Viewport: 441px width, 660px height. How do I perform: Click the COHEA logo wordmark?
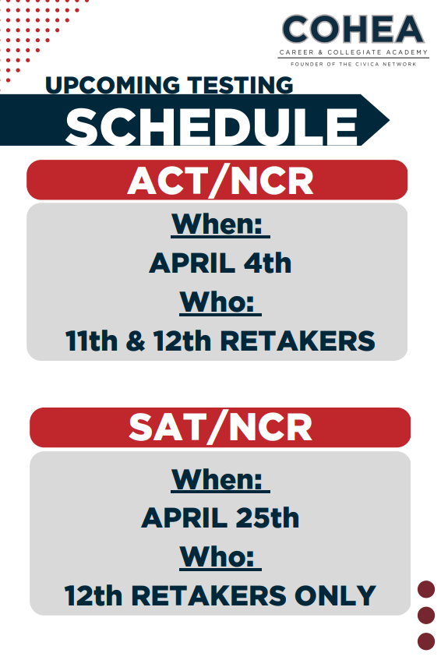coord(353,29)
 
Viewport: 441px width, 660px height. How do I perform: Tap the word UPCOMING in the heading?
coord(112,85)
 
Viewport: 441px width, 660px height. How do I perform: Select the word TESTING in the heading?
coord(240,85)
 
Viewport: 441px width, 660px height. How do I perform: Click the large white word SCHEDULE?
coord(212,126)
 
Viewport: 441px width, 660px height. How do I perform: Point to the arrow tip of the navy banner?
coord(389,120)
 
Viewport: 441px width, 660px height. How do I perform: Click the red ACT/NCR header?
coord(217,180)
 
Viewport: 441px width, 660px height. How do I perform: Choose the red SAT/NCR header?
coord(220,427)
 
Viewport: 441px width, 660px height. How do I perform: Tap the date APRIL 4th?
coord(220,263)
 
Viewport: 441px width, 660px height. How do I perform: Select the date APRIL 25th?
coord(220,517)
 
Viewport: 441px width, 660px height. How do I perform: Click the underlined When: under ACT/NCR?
coord(220,224)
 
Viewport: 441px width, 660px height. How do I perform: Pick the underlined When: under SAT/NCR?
coord(220,480)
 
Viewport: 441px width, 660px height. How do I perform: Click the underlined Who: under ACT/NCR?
coord(220,302)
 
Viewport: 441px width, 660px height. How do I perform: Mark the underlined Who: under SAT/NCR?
coord(220,557)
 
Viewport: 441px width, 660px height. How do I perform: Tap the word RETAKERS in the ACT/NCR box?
coord(298,341)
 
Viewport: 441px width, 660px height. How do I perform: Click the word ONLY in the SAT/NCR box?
coord(335,595)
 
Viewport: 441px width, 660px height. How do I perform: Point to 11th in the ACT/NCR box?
coord(91,341)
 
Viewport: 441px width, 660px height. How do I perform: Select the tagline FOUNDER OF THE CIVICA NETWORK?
coord(354,64)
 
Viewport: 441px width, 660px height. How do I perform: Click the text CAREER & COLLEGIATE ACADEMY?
coord(354,52)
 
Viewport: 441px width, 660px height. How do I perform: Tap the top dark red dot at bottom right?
coord(426,589)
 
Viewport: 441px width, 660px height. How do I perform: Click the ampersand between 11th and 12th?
coord(136,341)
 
